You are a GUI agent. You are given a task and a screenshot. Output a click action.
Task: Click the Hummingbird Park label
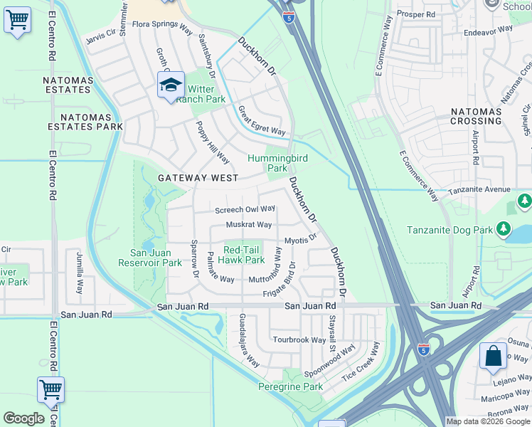(267, 163)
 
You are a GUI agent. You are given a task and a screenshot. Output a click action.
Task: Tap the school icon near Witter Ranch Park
(171, 86)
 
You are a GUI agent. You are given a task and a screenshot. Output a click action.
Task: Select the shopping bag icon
(493, 357)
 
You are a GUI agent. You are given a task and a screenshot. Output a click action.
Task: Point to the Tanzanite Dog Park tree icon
(504, 229)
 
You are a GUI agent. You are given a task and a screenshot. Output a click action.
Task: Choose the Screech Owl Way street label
(245, 209)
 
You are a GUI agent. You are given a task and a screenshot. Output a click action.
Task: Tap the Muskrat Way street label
(249, 225)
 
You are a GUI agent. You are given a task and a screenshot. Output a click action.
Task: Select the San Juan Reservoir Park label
(156, 258)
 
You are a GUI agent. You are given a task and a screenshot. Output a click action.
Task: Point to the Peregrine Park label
(290, 386)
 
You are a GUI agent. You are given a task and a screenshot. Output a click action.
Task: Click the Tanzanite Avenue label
(479, 189)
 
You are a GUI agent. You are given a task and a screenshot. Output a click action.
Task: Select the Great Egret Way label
(261, 121)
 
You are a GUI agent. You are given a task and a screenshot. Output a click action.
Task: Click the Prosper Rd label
(416, 14)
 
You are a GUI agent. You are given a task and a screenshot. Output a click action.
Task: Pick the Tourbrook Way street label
(299, 340)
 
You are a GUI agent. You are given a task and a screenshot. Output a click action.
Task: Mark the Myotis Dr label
(300, 241)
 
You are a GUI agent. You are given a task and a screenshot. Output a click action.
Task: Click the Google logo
(23, 418)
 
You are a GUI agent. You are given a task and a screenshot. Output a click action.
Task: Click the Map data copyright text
(487, 421)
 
